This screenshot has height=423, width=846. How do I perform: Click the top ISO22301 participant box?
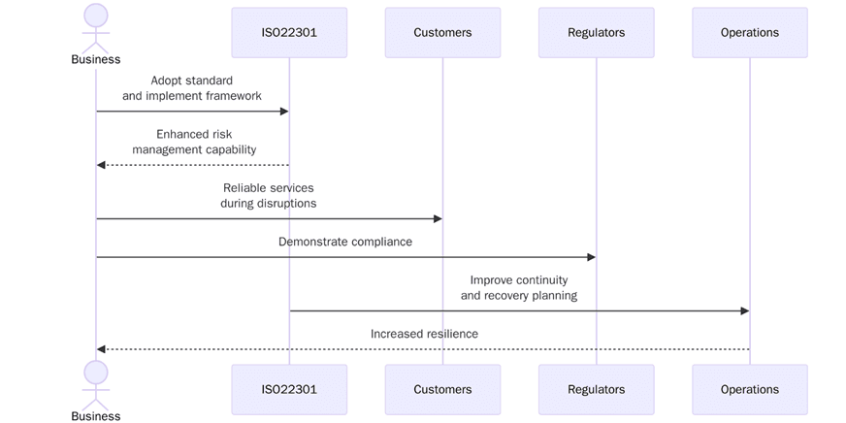click(289, 32)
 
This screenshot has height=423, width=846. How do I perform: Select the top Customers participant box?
click(442, 32)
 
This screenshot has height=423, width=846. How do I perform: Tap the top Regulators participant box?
click(596, 32)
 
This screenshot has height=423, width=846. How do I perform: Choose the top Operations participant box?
click(749, 32)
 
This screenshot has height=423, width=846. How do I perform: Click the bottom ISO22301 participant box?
click(289, 389)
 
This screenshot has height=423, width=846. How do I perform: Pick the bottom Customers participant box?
click(442, 389)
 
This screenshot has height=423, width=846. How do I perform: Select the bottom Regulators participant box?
click(596, 389)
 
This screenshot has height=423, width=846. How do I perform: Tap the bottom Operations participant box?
click(749, 389)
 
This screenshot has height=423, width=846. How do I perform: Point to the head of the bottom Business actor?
click(96, 372)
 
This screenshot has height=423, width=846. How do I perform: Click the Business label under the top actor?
click(96, 59)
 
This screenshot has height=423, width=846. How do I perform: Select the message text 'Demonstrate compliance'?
click(344, 242)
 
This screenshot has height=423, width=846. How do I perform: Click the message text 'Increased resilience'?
click(424, 334)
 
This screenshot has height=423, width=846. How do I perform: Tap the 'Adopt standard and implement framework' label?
click(192, 88)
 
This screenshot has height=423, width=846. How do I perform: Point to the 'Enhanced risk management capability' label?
click(194, 142)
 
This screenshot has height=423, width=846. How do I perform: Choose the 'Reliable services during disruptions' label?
click(268, 195)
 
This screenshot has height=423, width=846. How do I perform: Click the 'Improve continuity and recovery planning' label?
click(518, 287)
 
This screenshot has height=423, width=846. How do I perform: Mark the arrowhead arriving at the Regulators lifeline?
click(590, 257)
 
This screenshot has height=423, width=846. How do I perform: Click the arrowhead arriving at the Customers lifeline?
click(437, 218)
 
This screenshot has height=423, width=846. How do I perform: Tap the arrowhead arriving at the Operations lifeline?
click(743, 310)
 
